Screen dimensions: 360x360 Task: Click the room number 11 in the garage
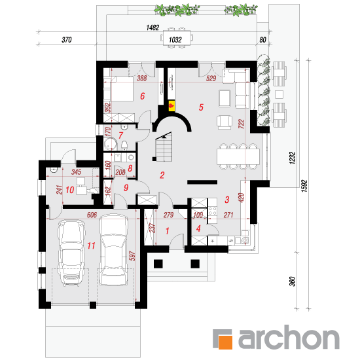tap(91, 246)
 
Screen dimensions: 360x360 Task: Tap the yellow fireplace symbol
tap(171, 106)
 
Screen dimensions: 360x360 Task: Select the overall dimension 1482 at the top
tap(153, 27)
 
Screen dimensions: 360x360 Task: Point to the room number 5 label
tap(201, 107)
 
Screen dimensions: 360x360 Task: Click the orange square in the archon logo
tap(225, 342)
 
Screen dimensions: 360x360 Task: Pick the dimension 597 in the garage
tap(132, 256)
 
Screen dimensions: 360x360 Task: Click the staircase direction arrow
tap(164, 136)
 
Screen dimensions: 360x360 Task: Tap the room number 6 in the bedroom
tap(143, 96)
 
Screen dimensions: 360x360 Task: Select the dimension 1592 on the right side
tap(304, 186)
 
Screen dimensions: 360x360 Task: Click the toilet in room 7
tap(124, 145)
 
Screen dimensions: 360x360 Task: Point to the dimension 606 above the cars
tap(92, 215)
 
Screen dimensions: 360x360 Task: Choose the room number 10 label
tap(70, 190)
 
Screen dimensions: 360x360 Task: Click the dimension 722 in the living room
tap(242, 124)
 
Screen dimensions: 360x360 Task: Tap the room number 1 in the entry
tap(168, 231)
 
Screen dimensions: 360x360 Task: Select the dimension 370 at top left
tap(67, 40)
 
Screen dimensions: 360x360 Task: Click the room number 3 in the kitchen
tap(227, 200)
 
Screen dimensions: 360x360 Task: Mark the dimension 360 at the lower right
tap(292, 281)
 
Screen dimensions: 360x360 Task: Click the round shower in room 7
tap(111, 144)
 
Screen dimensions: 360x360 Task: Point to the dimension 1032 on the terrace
tap(175, 40)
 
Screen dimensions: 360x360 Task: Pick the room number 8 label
tap(130, 168)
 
